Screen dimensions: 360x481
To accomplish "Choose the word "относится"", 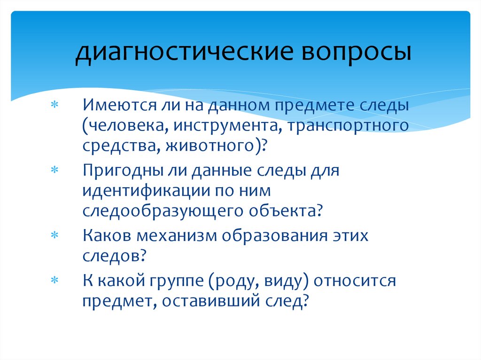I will click(x=355, y=281).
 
